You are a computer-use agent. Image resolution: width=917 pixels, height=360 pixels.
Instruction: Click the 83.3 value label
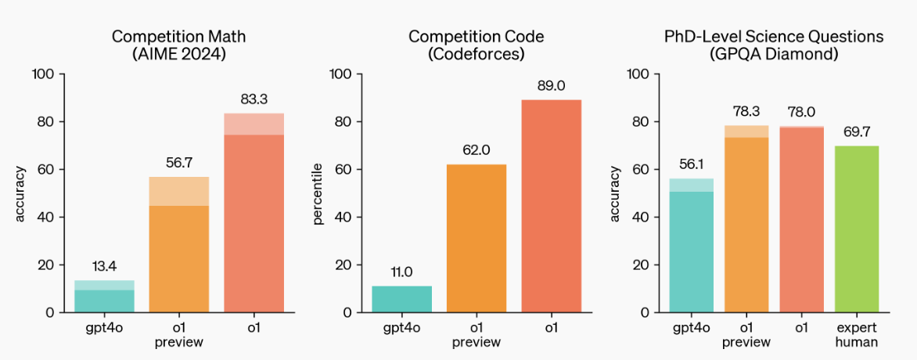pyautogui.click(x=254, y=99)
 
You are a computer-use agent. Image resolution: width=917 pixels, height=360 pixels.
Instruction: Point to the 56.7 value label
pyautogui.click(x=178, y=163)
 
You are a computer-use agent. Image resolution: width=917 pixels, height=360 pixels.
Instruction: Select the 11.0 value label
pyautogui.click(x=401, y=272)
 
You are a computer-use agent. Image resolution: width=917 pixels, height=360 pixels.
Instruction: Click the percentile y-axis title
pyautogui.click(x=318, y=193)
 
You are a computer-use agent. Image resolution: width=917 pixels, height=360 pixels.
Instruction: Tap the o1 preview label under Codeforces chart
pyautogui.click(x=476, y=335)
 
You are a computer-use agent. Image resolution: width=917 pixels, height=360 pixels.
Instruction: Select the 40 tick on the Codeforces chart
pyautogui.click(x=341, y=218)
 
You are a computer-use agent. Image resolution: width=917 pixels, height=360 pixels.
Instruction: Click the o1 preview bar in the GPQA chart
pyautogui.click(x=746, y=223)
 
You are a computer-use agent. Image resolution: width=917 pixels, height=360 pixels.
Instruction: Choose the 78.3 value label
pyautogui.click(x=746, y=111)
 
